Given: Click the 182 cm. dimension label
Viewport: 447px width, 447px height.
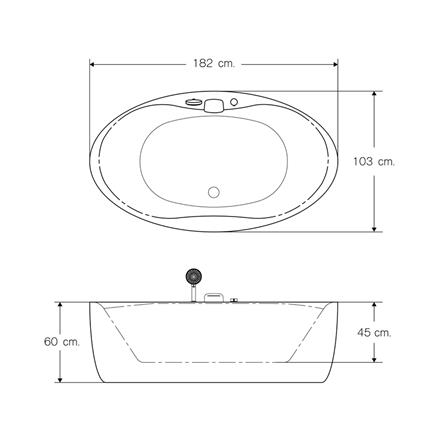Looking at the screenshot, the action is (x=214, y=63).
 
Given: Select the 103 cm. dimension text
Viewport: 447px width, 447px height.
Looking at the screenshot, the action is (x=374, y=162).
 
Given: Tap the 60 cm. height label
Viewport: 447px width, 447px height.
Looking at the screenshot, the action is (x=62, y=342).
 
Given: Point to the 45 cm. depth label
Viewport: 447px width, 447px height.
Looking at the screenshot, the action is (x=374, y=332).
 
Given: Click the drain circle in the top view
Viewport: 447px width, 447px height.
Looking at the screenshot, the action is (x=214, y=192).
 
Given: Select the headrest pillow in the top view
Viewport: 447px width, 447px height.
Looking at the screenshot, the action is (x=213, y=105).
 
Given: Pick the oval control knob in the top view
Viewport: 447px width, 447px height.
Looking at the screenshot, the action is (x=193, y=101).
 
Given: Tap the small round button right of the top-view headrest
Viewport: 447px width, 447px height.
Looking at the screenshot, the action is (x=234, y=102).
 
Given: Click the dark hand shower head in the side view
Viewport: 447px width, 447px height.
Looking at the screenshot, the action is (x=194, y=277).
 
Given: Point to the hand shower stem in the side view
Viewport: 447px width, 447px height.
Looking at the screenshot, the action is (x=193, y=293).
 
